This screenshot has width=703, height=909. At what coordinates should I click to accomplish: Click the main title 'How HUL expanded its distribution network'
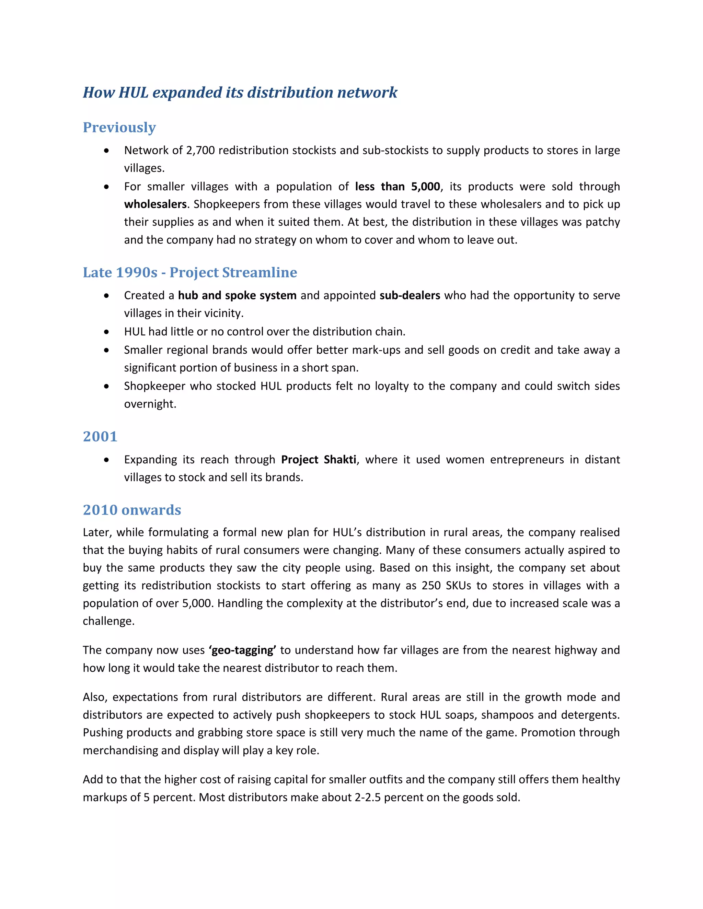coord(240,92)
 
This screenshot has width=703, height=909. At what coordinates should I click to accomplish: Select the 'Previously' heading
coord(119,127)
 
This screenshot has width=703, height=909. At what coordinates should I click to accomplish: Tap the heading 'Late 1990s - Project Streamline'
coord(190,273)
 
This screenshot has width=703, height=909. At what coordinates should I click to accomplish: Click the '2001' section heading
coord(100,437)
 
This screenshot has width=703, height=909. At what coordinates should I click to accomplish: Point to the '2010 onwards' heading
coord(131,510)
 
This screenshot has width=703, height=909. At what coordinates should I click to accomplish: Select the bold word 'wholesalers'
coord(155,204)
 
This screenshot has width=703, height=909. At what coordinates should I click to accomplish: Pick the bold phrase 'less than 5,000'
coord(397,187)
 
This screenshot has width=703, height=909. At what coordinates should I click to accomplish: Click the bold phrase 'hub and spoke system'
coord(237,295)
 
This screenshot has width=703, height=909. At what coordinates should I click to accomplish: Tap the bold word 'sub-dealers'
coord(410,295)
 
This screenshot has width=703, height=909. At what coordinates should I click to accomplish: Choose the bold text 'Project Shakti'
coord(319,460)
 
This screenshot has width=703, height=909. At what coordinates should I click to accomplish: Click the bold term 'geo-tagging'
coord(242,650)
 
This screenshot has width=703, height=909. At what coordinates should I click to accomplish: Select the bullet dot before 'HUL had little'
coord(107,332)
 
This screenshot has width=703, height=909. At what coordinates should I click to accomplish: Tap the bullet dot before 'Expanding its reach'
coord(107,460)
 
